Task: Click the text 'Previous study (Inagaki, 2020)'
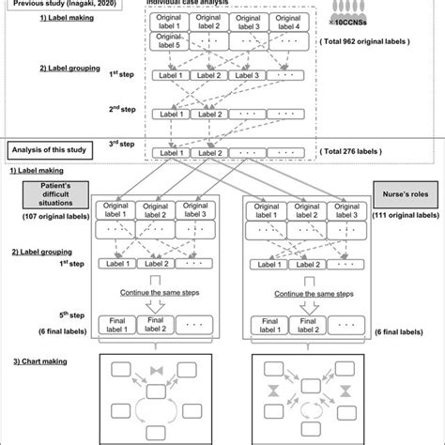[x=58, y=4]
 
